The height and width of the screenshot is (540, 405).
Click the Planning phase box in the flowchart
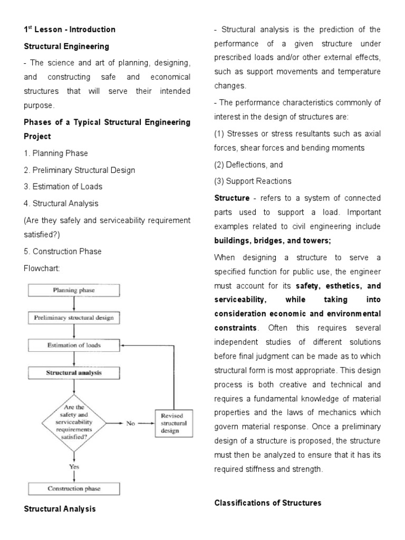pyautogui.click(x=74, y=290)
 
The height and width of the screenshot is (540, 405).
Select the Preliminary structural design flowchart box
pyautogui.click(x=74, y=318)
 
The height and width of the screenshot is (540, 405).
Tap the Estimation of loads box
pyautogui.click(x=74, y=345)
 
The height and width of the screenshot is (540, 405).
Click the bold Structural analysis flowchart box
pyautogui.click(x=74, y=373)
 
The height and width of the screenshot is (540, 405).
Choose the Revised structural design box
pyautogui.click(x=174, y=423)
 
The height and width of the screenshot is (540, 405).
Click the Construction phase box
pyautogui.click(x=74, y=488)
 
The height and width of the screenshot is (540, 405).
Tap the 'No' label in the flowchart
pyautogui.click(x=130, y=423)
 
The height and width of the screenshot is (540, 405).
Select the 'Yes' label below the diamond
pyautogui.click(x=74, y=467)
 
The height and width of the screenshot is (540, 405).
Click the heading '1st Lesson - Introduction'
pyautogui.click(x=70, y=30)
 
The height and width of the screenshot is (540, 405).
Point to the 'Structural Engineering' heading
pyautogui.click(x=66, y=46)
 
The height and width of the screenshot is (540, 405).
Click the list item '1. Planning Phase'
pyautogui.click(x=56, y=153)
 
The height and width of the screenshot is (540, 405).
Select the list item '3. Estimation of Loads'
pyautogui.click(x=63, y=187)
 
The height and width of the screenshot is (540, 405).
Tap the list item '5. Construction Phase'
pyautogui.click(x=63, y=252)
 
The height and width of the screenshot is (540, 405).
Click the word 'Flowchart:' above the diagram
pyautogui.click(x=43, y=268)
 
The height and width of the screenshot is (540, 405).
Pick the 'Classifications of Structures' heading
pyautogui.click(x=267, y=503)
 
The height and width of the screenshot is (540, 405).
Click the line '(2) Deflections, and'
pyautogui.click(x=248, y=165)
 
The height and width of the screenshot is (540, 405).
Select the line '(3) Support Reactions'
pyautogui.click(x=253, y=181)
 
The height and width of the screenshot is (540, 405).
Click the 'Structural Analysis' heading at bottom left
pyautogui.click(x=60, y=509)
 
